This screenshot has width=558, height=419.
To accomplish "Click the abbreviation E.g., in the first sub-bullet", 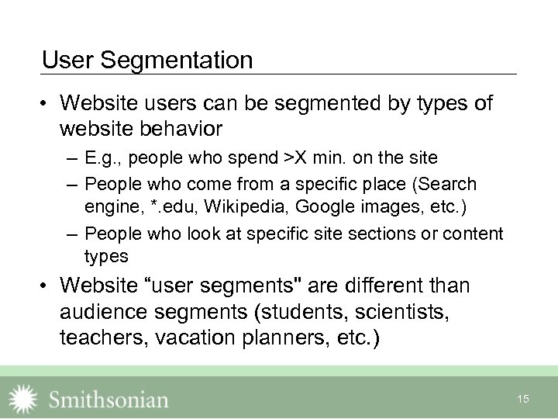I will pyautogui.click(x=104, y=158).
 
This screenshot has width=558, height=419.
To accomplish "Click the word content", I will pyautogui.click(x=474, y=234).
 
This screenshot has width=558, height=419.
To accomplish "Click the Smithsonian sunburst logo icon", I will pyautogui.click(x=23, y=399).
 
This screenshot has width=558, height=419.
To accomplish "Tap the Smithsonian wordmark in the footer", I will pyautogui.click(x=108, y=400).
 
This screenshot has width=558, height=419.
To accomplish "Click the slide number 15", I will pyautogui.click(x=523, y=399).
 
